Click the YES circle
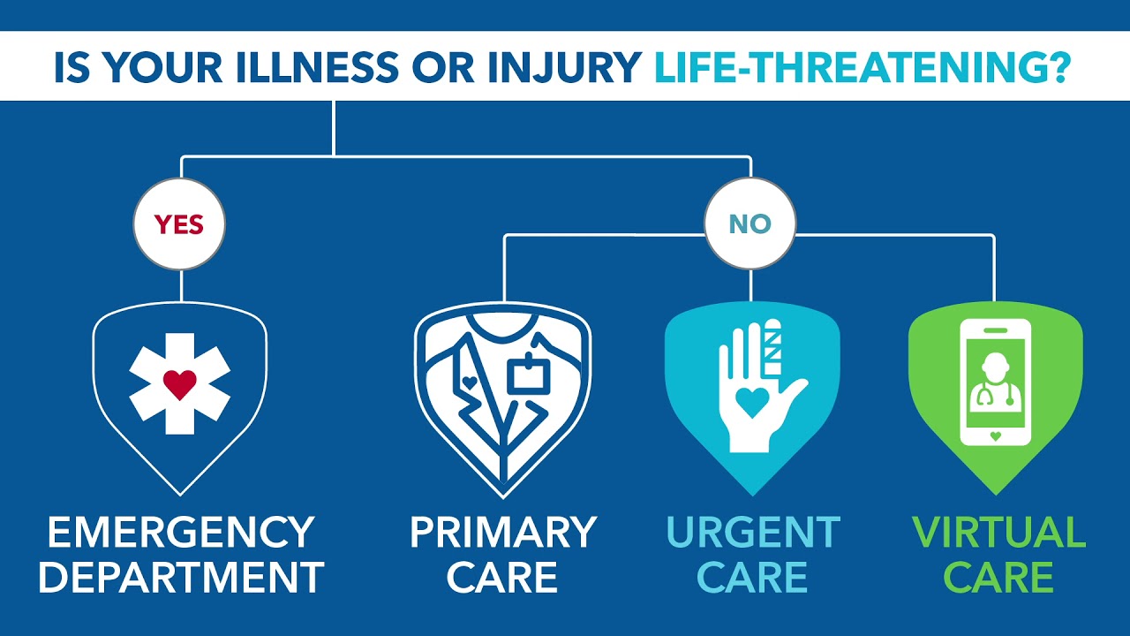coord(179,223)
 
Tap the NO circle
coord(750,223)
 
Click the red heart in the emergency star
coord(180,384)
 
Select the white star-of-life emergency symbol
coord(180,383)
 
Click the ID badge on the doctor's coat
coord(528,374)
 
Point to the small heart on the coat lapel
coord(469,382)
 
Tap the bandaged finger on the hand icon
coord(772,347)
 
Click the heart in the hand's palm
coord(752,401)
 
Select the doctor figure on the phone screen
coord(995,382)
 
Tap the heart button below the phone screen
coord(995,436)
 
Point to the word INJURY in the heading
coord(564,66)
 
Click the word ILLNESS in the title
coord(317,66)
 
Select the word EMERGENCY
coord(181,532)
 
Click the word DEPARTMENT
coord(181,577)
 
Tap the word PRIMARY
coord(503,532)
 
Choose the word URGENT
coord(753,532)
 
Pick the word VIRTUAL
coord(998,532)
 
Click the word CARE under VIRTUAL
coord(998,577)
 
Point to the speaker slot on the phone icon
coord(995,330)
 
